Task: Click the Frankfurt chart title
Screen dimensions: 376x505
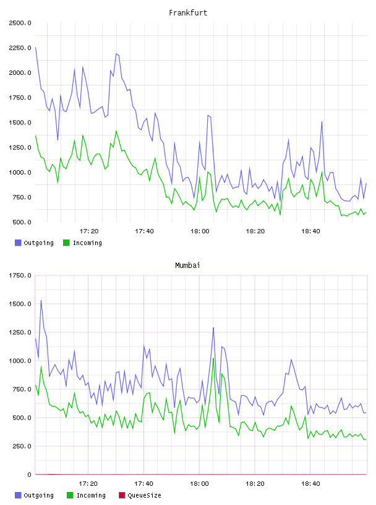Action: click(188, 13)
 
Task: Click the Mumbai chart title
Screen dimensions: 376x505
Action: click(187, 265)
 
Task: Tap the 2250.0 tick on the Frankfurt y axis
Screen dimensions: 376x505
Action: click(20, 48)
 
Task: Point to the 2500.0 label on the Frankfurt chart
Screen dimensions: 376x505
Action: click(20, 23)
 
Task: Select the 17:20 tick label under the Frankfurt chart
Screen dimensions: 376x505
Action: click(89, 231)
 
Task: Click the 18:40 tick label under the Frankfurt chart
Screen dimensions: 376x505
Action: click(310, 231)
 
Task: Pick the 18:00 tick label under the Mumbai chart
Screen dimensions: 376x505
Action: click(199, 483)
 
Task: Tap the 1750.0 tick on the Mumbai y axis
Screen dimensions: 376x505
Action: click(20, 275)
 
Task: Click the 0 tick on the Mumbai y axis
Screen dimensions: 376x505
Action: click(29, 475)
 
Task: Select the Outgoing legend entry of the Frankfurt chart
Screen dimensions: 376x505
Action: click(35, 243)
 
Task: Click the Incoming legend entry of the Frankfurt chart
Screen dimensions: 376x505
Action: click(83, 243)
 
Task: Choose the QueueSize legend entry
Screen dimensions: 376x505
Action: click(140, 495)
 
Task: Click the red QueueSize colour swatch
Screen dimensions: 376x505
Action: click(122, 495)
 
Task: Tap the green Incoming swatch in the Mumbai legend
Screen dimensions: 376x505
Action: click(70, 495)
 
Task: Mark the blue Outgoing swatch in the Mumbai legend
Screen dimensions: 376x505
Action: click(18, 495)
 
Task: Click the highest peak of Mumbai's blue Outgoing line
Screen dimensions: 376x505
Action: click(41, 301)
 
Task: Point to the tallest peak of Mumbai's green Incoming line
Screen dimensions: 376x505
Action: click(213, 358)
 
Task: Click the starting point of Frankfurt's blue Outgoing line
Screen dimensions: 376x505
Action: click(35, 47)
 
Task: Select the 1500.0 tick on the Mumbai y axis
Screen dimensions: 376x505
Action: click(20, 304)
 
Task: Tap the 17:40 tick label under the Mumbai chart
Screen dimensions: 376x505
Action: click(143, 483)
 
